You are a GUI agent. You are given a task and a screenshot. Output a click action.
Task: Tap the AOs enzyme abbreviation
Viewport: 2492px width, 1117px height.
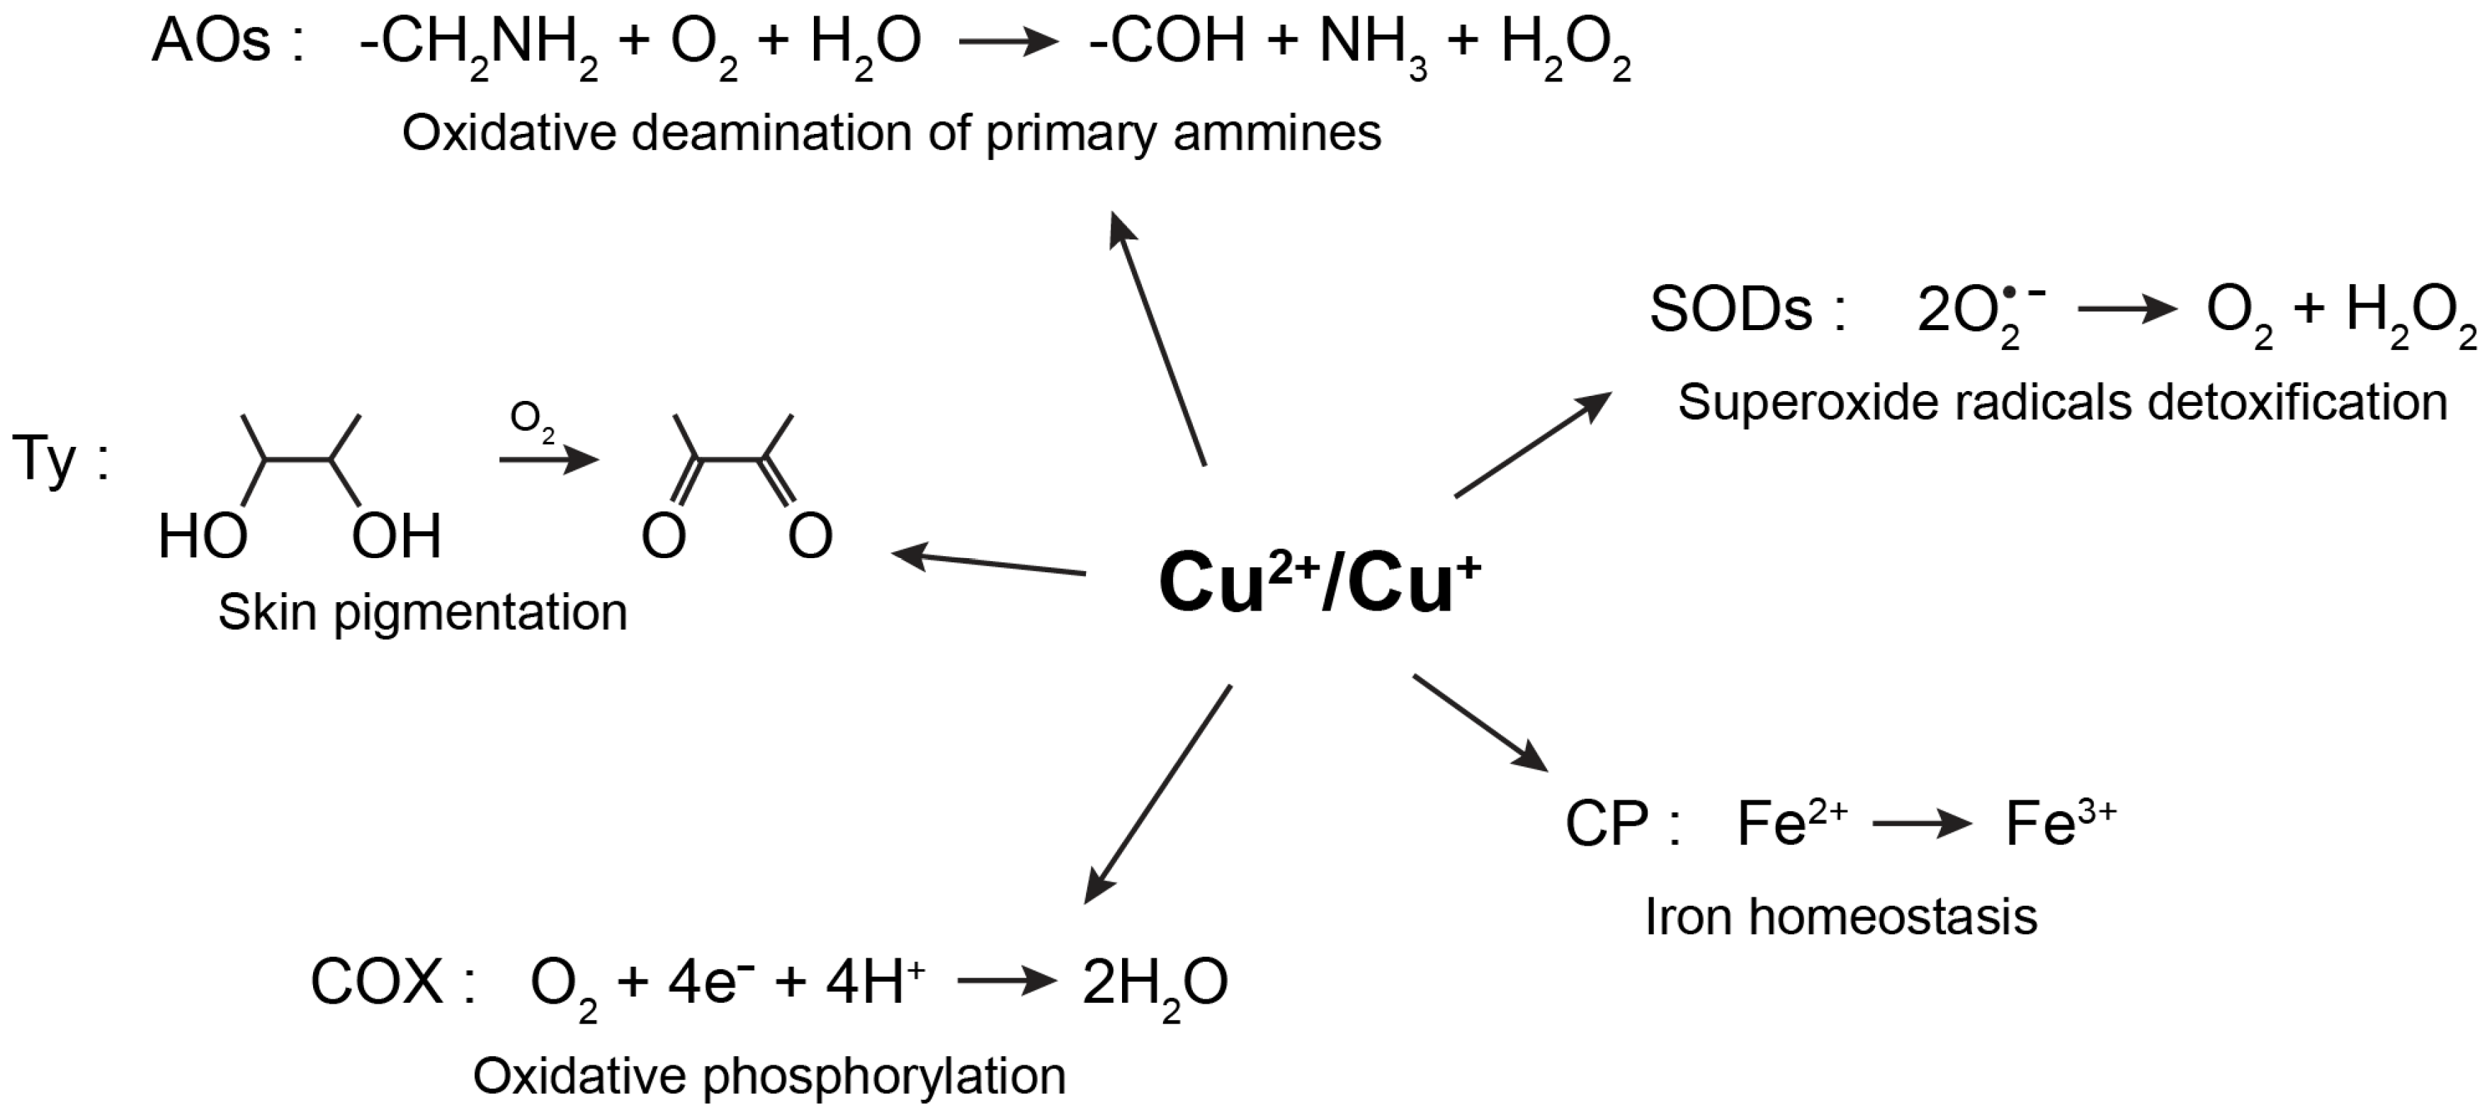pos(212,42)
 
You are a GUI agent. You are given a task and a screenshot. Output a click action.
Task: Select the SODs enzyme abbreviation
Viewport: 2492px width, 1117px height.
pos(1731,310)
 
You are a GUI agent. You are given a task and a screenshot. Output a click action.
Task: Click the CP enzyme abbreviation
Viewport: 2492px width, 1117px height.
pos(1607,825)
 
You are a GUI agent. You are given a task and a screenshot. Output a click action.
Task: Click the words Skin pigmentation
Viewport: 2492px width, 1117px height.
pos(423,612)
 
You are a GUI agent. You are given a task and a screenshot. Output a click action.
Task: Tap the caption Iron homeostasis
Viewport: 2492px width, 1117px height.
pos(1841,916)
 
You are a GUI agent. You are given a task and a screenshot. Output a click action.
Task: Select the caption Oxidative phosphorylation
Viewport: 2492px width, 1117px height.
pos(769,1075)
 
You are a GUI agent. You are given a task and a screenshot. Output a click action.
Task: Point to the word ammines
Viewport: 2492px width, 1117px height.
pos(1277,132)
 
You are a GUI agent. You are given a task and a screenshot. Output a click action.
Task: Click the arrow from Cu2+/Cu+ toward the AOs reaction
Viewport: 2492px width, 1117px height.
pos(1157,339)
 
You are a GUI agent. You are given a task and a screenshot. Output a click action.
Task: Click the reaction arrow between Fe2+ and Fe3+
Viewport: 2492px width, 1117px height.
pos(1921,825)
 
